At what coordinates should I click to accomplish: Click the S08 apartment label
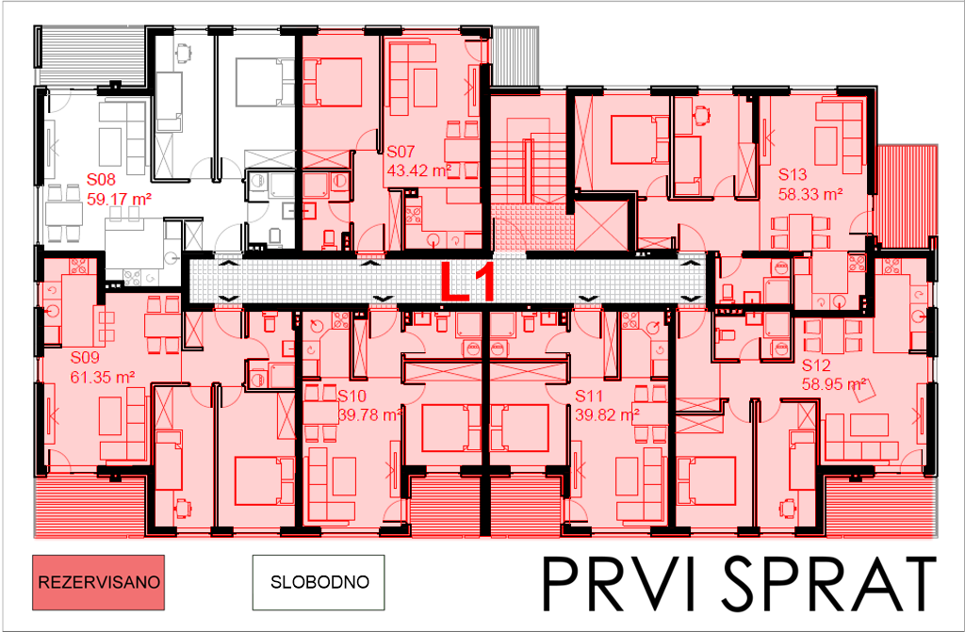tap(101, 180)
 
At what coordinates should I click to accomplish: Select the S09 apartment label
tap(84, 358)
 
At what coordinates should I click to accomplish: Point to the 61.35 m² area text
tap(103, 377)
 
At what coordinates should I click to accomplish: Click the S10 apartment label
tap(352, 396)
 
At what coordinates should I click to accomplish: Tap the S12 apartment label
tap(816, 365)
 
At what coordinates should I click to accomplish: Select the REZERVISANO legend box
tap(98, 582)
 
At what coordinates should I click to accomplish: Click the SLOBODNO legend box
tap(319, 582)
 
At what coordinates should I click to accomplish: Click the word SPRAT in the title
tap(829, 583)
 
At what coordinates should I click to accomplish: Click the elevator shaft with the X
tap(600, 225)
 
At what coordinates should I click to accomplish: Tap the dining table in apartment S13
tap(801, 231)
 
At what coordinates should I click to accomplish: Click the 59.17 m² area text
tap(120, 200)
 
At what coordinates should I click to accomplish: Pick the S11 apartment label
tap(589, 396)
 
